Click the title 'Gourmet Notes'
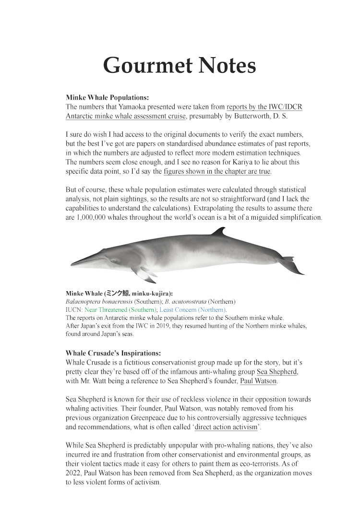coord(180,65)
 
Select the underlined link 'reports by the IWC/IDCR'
coord(264,106)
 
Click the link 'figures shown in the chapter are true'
coord(217,171)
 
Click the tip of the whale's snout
coord(72,263)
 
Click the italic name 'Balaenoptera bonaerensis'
coord(99,302)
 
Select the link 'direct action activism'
coord(226,427)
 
